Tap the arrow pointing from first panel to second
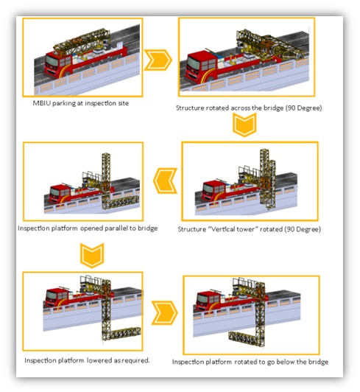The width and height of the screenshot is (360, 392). tap(158, 60)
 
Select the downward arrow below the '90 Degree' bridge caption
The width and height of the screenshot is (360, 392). tap(244, 125)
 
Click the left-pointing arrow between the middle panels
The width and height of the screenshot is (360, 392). tap(165, 181)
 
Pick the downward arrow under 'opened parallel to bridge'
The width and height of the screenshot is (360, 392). tap(92, 255)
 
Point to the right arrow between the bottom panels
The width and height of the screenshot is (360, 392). tap(164, 312)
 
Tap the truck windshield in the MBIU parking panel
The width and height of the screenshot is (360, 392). tap(52, 61)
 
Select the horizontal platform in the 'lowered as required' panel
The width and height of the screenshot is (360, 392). tap(126, 332)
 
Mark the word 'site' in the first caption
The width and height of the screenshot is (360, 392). tap(123, 103)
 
